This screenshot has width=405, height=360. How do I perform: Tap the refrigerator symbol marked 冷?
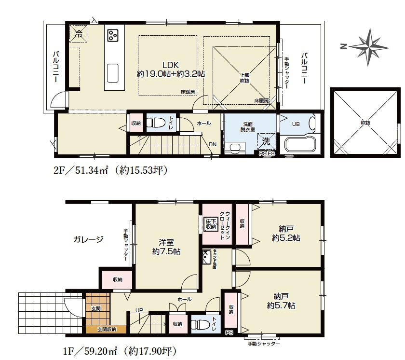click(x=78, y=34)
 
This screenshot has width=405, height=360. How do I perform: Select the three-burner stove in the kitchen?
click(x=114, y=35)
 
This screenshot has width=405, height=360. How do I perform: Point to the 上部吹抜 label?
click(x=245, y=78)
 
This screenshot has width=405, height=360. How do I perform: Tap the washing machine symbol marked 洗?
click(x=266, y=141)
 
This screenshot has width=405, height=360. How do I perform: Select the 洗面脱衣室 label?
click(x=248, y=127)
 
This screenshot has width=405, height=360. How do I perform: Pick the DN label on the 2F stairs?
click(x=213, y=144)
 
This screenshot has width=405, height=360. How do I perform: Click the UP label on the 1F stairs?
click(x=139, y=310)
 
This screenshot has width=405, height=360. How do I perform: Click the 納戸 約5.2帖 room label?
click(x=286, y=233)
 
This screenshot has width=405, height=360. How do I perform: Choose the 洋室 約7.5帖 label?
click(x=166, y=247)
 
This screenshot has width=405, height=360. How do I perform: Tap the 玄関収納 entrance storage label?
click(x=107, y=330)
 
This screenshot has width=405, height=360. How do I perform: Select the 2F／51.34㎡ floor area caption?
click(x=110, y=170)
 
